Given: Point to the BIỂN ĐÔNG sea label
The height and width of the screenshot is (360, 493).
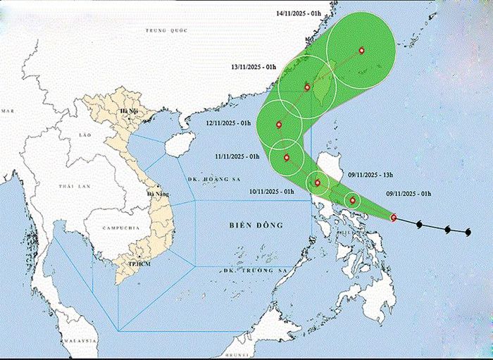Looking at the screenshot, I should [x=256, y=225].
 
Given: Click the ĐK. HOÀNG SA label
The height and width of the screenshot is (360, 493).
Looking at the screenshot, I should [x=200, y=180].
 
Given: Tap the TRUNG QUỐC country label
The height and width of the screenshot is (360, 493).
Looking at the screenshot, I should [x=164, y=30].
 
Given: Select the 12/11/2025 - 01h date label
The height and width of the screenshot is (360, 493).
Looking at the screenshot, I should [x=229, y=123].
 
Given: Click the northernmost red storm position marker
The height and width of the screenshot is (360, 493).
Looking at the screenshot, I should [x=361, y=51].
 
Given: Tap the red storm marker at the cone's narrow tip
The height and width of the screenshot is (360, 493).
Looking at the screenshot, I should [x=393, y=218].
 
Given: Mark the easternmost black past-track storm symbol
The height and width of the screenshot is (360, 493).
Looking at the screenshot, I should [x=468, y=230].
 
